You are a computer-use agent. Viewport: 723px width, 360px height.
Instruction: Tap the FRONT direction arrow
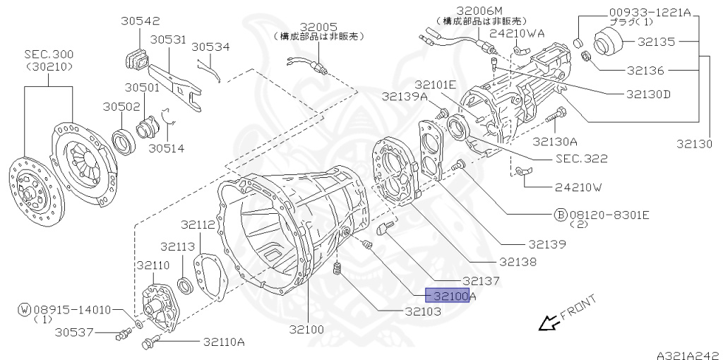(x=549, y=323)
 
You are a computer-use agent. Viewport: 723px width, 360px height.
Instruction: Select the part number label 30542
(x=141, y=21)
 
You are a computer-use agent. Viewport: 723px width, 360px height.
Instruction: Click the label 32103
(x=423, y=311)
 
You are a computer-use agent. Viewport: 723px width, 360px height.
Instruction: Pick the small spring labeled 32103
(x=337, y=269)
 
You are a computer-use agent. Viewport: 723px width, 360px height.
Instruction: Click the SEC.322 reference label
(x=582, y=159)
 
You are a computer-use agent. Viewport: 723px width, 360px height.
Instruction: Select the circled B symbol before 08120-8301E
(x=560, y=215)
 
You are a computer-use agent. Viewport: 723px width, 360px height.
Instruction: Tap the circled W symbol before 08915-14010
(x=25, y=310)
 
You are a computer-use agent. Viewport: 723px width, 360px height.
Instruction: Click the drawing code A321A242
(x=689, y=355)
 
